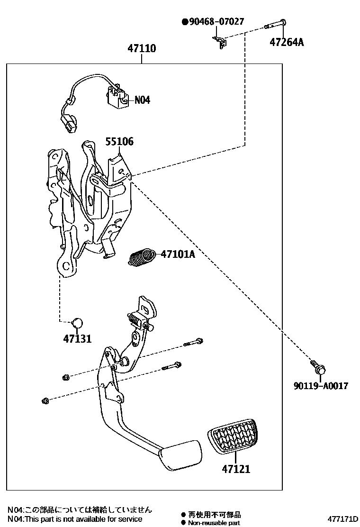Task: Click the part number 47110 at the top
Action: pos(142,49)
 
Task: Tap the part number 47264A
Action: pos(287,42)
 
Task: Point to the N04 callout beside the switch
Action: pos(142,100)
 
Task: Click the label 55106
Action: pos(119,141)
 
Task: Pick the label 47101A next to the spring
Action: pos(178,254)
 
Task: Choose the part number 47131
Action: pos(77,339)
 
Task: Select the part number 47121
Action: pos(235,469)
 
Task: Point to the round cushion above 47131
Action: pos(77,324)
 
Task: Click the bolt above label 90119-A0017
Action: pos(315,366)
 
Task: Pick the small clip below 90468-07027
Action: pos(220,42)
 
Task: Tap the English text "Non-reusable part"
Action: pos(214,523)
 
